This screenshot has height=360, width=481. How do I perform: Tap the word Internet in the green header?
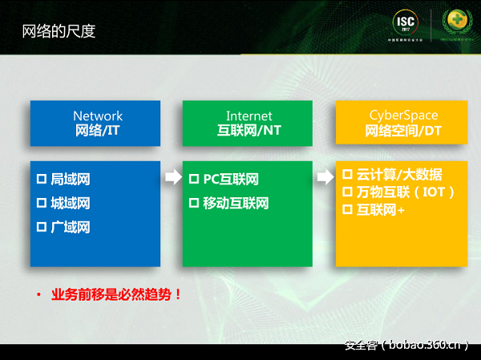[249, 116]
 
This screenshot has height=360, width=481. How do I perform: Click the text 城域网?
[71, 203]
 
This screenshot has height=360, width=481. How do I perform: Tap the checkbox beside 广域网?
[42, 227]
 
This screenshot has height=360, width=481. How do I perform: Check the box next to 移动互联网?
[193, 203]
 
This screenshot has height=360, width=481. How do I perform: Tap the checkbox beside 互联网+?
[347, 210]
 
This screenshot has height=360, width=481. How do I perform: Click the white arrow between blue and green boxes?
[172, 177]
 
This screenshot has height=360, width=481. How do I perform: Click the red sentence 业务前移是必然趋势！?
[116, 294]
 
